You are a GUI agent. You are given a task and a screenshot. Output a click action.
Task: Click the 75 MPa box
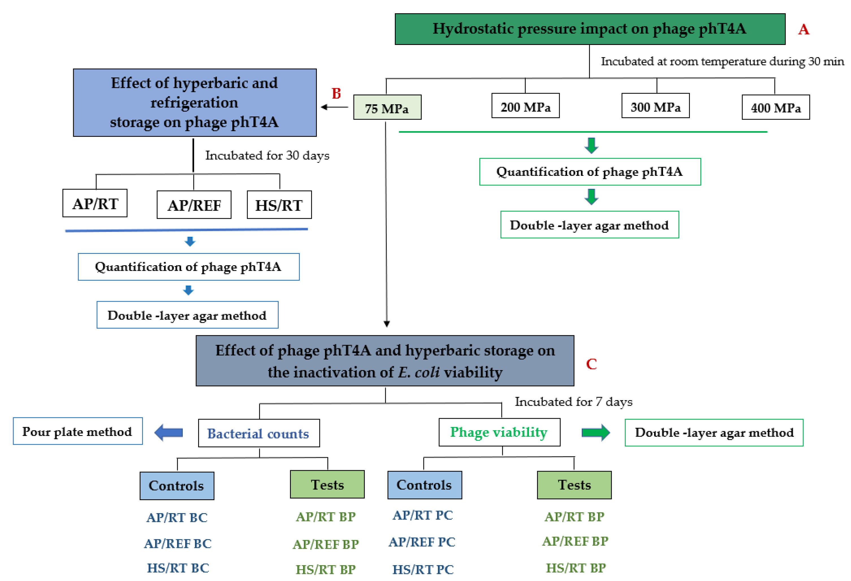click(x=387, y=107)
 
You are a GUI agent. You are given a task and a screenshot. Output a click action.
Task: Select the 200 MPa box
click(x=525, y=105)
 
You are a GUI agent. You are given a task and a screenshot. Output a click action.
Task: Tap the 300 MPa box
click(x=655, y=105)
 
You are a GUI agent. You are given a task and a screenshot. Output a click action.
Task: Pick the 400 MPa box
click(x=776, y=107)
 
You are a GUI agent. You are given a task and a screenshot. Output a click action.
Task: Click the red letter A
click(x=804, y=29)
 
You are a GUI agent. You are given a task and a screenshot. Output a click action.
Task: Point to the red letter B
click(x=336, y=94)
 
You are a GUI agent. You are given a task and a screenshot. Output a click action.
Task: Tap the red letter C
click(x=591, y=364)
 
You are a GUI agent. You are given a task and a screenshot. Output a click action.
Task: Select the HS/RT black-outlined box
click(x=279, y=205)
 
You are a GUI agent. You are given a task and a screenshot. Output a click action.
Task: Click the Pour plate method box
click(x=78, y=431)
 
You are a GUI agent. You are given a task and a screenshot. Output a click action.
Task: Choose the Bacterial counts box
click(x=259, y=433)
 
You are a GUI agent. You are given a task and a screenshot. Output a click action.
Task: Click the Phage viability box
click(x=499, y=432)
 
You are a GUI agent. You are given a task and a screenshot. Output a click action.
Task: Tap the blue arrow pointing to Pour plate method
click(x=169, y=433)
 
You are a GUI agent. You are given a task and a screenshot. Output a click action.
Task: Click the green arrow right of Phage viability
click(x=596, y=433)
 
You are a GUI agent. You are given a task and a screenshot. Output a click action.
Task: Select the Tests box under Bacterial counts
click(x=327, y=484)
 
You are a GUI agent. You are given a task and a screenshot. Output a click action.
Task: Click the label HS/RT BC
click(x=178, y=568)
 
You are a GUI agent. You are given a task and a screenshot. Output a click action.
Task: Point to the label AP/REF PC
click(x=422, y=542)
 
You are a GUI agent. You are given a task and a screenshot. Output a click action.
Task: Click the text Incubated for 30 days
click(x=267, y=155)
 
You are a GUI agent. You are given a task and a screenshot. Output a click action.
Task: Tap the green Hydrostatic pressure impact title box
click(x=590, y=29)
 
